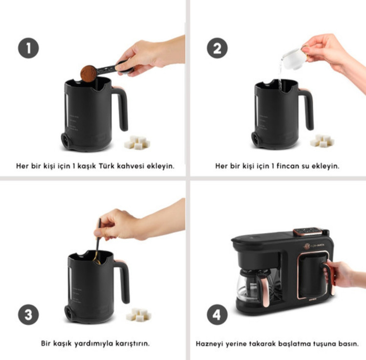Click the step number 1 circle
pyautogui.click(x=28, y=48)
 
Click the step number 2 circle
pyautogui.click(x=217, y=48)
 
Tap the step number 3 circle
pyautogui.click(x=28, y=315)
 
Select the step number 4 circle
pyautogui.click(x=217, y=315)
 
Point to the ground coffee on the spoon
pyautogui.click(x=88, y=74)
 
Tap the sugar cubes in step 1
pyautogui.click(x=137, y=142)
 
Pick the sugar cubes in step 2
pyautogui.click(x=322, y=140)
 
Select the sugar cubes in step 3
pyautogui.click(x=139, y=315)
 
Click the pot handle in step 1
pyautogui.click(x=121, y=107)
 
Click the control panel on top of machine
pyautogui.click(x=308, y=231)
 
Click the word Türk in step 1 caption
pyautogui.click(x=106, y=166)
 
